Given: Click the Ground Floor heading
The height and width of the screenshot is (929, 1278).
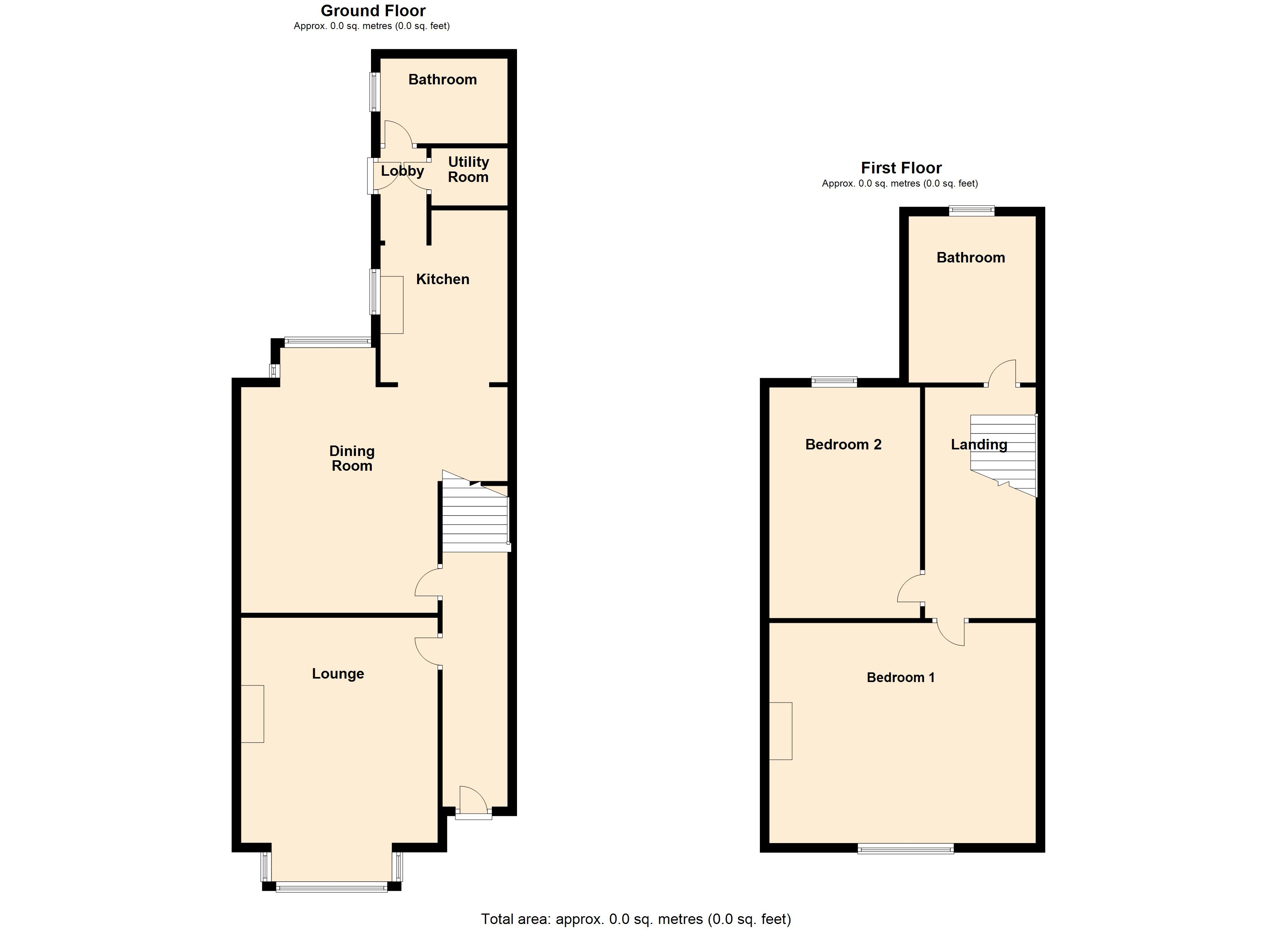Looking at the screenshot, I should pos(373,11).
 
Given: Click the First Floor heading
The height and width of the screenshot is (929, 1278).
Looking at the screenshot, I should pos(901,168).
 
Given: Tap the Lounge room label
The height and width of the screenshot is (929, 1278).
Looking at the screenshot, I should pos(338,674).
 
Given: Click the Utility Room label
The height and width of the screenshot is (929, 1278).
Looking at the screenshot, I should pos(468,170).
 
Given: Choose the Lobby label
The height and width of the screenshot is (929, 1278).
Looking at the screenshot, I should pos(402,171).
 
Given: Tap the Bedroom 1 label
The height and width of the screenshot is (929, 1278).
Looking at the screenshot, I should pos(900,677).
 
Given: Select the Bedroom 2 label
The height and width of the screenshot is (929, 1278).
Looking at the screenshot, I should pos(843,444).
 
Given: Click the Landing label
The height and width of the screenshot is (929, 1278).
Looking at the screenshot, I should pos(979,444).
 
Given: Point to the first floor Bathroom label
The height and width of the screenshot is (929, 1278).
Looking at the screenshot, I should pos(971,257).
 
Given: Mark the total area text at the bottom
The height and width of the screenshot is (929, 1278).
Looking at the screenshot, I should pos(636,919).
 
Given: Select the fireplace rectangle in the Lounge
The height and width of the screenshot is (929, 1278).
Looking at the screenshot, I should pos(253,714).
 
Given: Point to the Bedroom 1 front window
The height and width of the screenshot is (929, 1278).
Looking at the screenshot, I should pos(905,848).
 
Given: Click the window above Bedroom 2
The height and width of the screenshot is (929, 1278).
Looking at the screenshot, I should pos(834,382).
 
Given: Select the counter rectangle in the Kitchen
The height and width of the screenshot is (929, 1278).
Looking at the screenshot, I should pos(392,305).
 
